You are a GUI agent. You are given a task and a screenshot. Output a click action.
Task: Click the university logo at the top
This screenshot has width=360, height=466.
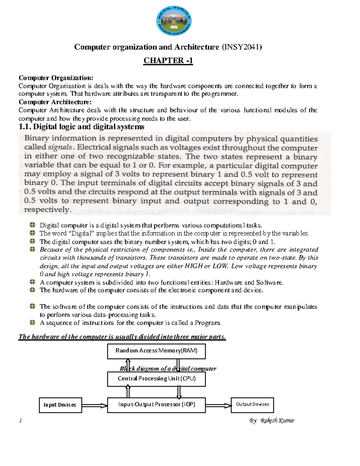174,21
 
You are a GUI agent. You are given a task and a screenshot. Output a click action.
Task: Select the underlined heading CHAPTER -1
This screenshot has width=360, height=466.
168,61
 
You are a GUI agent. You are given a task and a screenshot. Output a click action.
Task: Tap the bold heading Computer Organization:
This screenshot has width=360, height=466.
56,78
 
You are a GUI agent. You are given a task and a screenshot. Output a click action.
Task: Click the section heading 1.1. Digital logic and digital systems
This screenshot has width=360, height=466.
81,127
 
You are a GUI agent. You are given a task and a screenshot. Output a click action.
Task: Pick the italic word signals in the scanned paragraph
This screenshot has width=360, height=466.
60,147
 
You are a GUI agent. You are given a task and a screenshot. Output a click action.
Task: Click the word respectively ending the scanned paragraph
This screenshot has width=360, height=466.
47,210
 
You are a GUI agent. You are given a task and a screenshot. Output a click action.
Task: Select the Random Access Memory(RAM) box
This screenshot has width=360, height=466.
156,351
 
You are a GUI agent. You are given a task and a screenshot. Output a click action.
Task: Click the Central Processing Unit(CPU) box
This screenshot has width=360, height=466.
156,379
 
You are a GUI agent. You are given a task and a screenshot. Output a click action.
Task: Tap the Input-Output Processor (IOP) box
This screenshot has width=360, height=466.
156,404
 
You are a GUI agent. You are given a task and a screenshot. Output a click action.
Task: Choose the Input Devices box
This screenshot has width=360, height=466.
60,405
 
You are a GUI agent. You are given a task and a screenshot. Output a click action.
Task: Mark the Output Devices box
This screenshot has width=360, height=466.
252,404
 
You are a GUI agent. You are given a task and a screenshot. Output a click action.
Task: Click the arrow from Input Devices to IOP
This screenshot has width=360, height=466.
94,406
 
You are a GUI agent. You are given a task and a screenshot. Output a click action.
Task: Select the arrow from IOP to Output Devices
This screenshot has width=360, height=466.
218,406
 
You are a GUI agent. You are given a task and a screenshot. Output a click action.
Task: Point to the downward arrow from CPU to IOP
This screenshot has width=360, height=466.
179,392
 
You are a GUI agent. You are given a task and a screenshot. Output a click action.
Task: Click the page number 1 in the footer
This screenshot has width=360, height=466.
20,421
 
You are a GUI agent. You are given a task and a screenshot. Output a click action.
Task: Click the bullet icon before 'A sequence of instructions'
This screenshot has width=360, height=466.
33,323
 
